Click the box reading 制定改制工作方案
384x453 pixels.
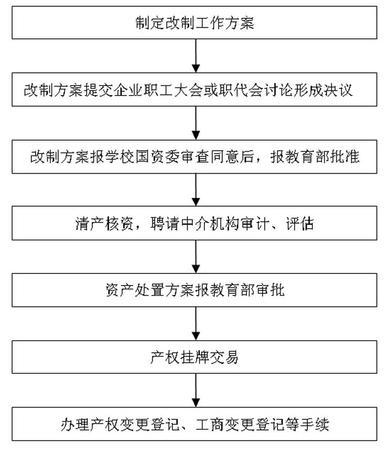(194, 23)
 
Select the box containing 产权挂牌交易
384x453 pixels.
(194, 357)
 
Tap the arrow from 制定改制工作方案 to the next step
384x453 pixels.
(196, 56)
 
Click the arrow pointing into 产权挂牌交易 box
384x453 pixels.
(196, 323)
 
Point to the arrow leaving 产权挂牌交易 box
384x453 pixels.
(196, 391)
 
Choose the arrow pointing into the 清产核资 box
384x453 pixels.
(196, 190)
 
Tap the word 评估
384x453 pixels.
(300, 223)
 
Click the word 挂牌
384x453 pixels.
(194, 357)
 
